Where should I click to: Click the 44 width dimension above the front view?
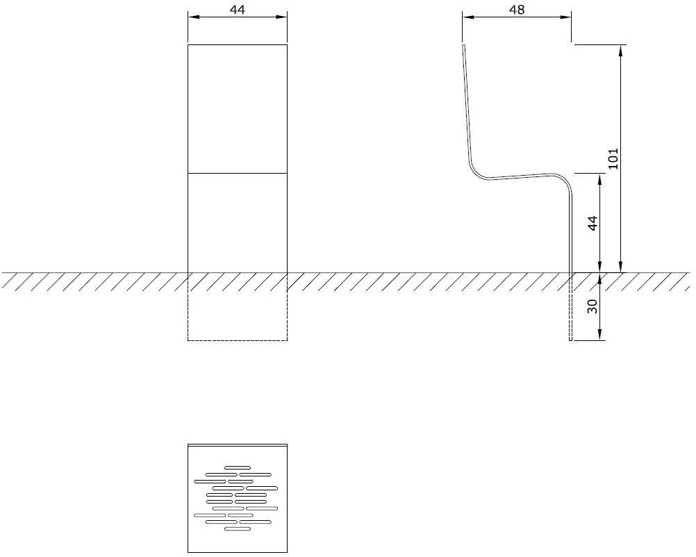point(238,10)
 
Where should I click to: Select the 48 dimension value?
point(517,10)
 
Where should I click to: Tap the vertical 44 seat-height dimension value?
point(593,224)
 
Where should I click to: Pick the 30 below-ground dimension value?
point(593,306)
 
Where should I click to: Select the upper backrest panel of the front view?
point(238,108)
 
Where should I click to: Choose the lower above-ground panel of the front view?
point(238,222)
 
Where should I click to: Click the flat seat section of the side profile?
point(517,176)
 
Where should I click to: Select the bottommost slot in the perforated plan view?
point(237,529)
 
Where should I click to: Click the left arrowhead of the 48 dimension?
point(466,18)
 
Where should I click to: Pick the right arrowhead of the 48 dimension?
point(568,18)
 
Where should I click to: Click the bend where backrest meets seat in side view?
point(473,169)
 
